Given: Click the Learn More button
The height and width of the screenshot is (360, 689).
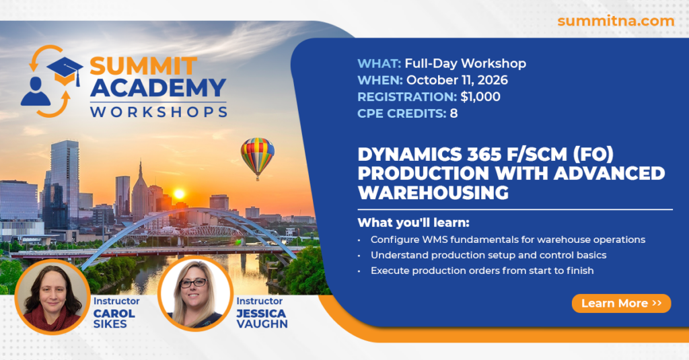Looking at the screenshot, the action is (621, 303).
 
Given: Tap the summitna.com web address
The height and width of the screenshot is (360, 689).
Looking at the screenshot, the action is (616, 21).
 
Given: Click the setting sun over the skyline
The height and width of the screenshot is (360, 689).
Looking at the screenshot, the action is (179, 194).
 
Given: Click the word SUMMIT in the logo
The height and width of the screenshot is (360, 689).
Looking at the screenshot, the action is (143, 67).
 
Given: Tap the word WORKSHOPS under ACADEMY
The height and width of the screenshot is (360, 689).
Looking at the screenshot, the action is (159, 112).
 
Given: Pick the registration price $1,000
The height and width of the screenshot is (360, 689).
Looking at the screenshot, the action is (480, 97).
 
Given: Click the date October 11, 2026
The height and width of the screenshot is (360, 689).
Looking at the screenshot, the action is (457, 80).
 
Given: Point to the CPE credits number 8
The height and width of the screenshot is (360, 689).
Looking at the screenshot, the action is (454, 114).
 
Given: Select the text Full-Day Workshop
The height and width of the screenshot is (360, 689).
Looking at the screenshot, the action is (466, 63).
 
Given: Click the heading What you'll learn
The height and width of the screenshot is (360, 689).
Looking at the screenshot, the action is (414, 223).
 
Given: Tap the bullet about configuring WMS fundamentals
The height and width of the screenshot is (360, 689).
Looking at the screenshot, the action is (508, 240).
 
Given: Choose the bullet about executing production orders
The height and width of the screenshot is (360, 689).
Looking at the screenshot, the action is (482, 271).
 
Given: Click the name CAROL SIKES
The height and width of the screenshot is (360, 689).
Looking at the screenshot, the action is (114, 319).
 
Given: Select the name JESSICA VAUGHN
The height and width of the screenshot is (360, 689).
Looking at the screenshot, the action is (262, 319).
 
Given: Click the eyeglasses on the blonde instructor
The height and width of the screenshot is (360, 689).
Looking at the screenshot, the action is (193, 283).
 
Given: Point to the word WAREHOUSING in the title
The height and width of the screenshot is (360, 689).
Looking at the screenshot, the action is (433, 192).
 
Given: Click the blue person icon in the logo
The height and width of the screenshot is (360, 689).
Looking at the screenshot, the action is (35, 92).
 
